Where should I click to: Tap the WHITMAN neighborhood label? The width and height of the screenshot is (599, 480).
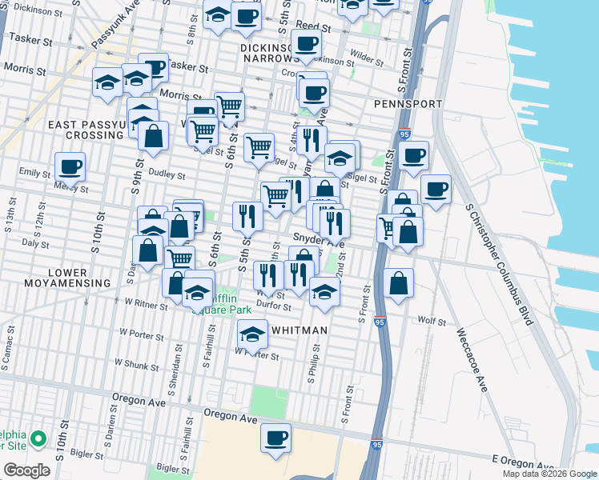(x=299, y=330)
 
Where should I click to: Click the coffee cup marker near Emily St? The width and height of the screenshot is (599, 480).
(x=70, y=166)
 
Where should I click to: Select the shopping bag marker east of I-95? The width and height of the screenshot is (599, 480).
(x=398, y=283)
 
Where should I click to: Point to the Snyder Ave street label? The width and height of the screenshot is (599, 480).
(x=318, y=238)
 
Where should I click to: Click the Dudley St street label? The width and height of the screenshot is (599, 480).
(x=168, y=176)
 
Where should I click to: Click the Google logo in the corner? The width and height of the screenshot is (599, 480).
(x=27, y=470)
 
